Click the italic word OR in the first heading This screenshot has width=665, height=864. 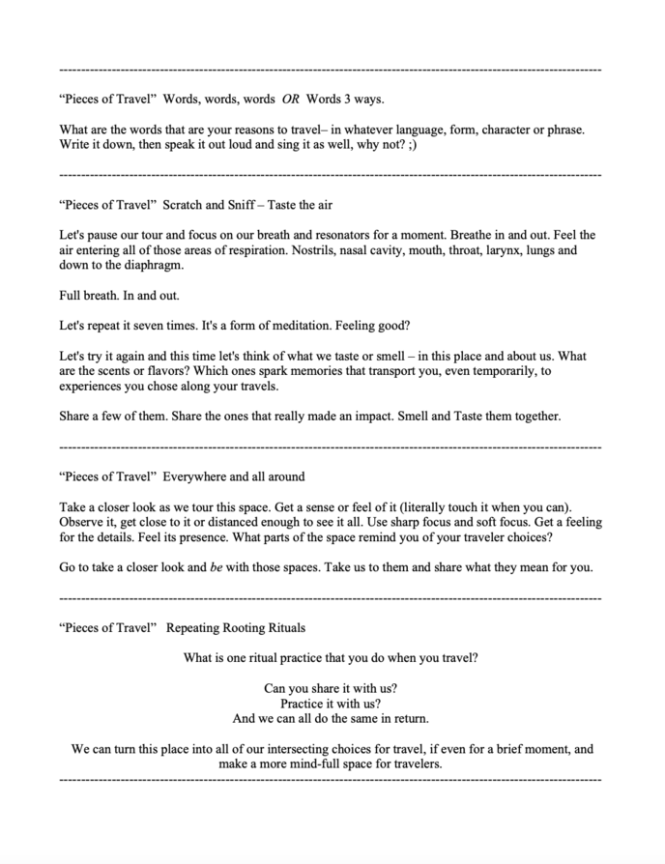tap(291, 99)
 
